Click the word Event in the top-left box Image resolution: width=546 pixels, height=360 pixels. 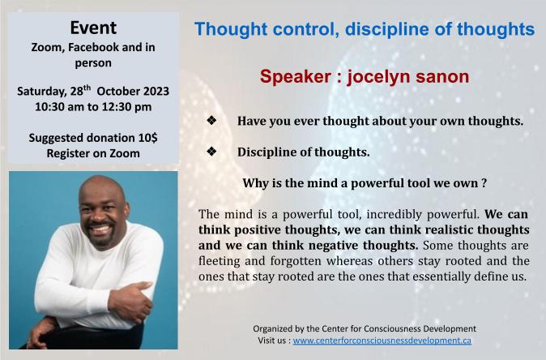tap(92, 28)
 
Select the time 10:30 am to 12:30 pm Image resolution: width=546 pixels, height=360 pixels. tap(92, 106)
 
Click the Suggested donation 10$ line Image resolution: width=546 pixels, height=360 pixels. tap(92, 137)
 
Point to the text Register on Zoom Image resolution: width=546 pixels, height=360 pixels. tap(92, 152)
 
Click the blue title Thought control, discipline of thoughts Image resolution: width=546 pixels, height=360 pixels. tap(365, 30)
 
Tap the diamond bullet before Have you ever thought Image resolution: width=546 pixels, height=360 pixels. tap(211, 121)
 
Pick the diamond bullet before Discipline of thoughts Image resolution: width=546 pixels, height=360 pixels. tap(211, 152)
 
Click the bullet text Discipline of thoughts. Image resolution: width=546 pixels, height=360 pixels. tap(303, 152)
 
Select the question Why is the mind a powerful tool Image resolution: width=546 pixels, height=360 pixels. tap(365, 182)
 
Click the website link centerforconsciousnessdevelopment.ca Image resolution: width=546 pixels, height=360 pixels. tap(382, 341)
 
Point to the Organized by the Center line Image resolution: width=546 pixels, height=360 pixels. tap(365, 328)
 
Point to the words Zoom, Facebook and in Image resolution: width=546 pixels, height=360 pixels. tap(92, 47)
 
